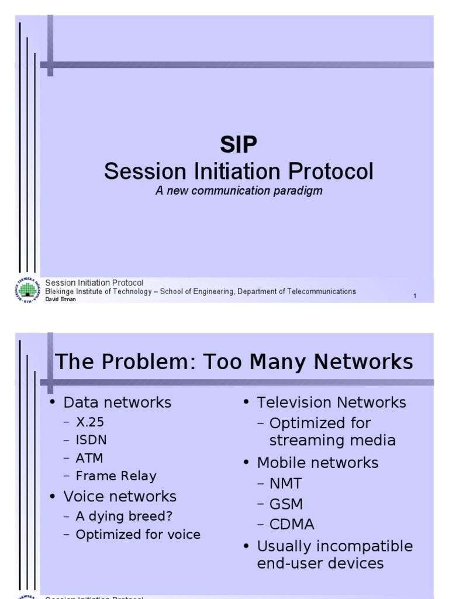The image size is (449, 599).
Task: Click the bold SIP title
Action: [x=238, y=144]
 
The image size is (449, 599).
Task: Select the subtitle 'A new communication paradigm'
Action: [x=239, y=191]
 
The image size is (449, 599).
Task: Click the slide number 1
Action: [x=415, y=296]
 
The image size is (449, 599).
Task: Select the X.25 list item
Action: [x=89, y=422]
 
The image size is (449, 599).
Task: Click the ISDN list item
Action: [x=91, y=440]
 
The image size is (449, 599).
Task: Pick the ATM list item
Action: [x=89, y=458]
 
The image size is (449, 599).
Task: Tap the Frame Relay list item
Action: [x=116, y=476]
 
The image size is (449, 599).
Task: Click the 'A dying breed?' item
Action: [x=124, y=516]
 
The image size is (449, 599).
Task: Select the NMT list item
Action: [x=285, y=484]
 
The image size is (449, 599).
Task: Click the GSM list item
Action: [x=286, y=504]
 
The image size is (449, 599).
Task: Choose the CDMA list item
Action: [x=292, y=525]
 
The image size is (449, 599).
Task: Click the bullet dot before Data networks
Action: [x=53, y=402]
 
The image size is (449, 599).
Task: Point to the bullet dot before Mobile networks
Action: [x=246, y=463]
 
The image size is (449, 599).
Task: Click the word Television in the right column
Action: [x=295, y=402]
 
